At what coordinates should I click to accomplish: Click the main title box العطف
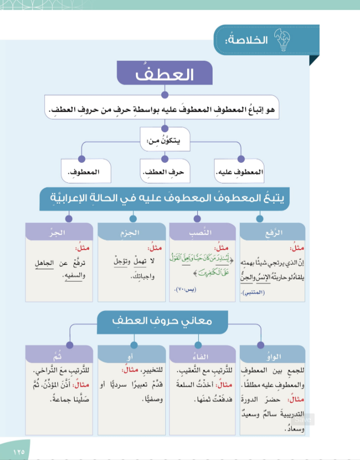164,76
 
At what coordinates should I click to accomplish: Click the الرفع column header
272,233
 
